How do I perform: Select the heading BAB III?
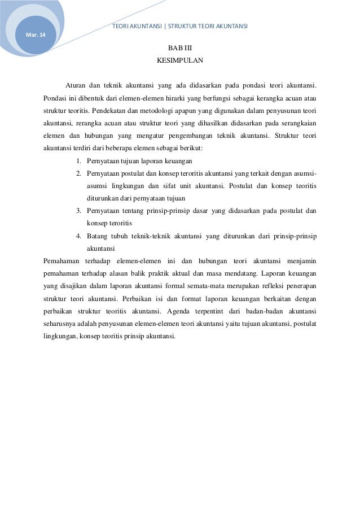tap(179, 48)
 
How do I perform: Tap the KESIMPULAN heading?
tap(179, 60)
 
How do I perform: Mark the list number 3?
tap(78, 211)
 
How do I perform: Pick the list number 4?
tap(78, 236)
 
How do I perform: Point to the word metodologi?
tap(160, 111)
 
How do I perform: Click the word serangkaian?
tap(296, 124)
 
